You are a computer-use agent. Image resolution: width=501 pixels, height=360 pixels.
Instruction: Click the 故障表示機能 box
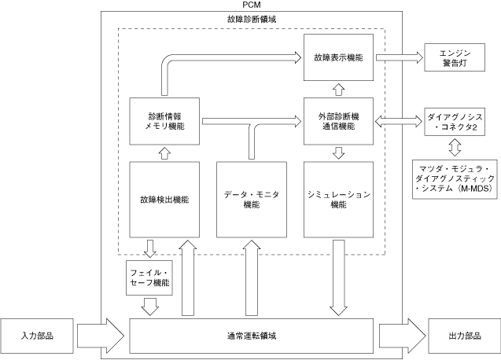[x=338, y=57]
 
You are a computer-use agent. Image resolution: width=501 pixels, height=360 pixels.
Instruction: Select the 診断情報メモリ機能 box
[x=164, y=121]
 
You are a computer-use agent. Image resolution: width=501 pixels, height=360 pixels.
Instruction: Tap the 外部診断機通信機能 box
[x=338, y=121]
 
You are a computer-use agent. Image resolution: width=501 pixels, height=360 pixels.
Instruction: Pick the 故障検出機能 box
[x=164, y=200]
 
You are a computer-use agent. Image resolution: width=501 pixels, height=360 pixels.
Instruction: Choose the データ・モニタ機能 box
[x=252, y=200]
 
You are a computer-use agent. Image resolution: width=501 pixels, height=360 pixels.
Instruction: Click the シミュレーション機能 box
[x=338, y=200]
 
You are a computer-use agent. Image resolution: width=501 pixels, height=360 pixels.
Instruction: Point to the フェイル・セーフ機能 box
[x=149, y=278]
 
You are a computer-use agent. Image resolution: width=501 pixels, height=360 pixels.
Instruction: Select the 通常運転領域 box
[x=252, y=336]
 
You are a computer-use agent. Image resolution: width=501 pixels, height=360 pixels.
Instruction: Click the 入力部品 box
[x=37, y=336]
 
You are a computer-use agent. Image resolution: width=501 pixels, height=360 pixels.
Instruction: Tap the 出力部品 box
[x=465, y=336]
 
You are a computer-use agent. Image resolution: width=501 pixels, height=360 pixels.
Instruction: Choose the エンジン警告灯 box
[x=455, y=57]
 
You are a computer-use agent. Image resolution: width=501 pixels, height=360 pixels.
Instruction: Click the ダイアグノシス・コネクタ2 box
[x=455, y=122]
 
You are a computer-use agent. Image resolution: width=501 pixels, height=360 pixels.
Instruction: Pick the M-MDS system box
[x=455, y=179]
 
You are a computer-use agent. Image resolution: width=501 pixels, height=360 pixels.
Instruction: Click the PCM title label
[x=252, y=5]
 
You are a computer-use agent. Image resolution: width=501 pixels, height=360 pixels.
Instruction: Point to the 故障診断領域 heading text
[x=252, y=20]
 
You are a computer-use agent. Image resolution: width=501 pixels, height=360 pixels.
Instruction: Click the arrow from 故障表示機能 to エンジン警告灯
[x=400, y=57]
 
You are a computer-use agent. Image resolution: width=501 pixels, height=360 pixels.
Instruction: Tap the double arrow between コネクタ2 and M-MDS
[x=455, y=147]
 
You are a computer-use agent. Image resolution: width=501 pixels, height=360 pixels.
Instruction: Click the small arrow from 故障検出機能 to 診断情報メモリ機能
[x=164, y=153]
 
